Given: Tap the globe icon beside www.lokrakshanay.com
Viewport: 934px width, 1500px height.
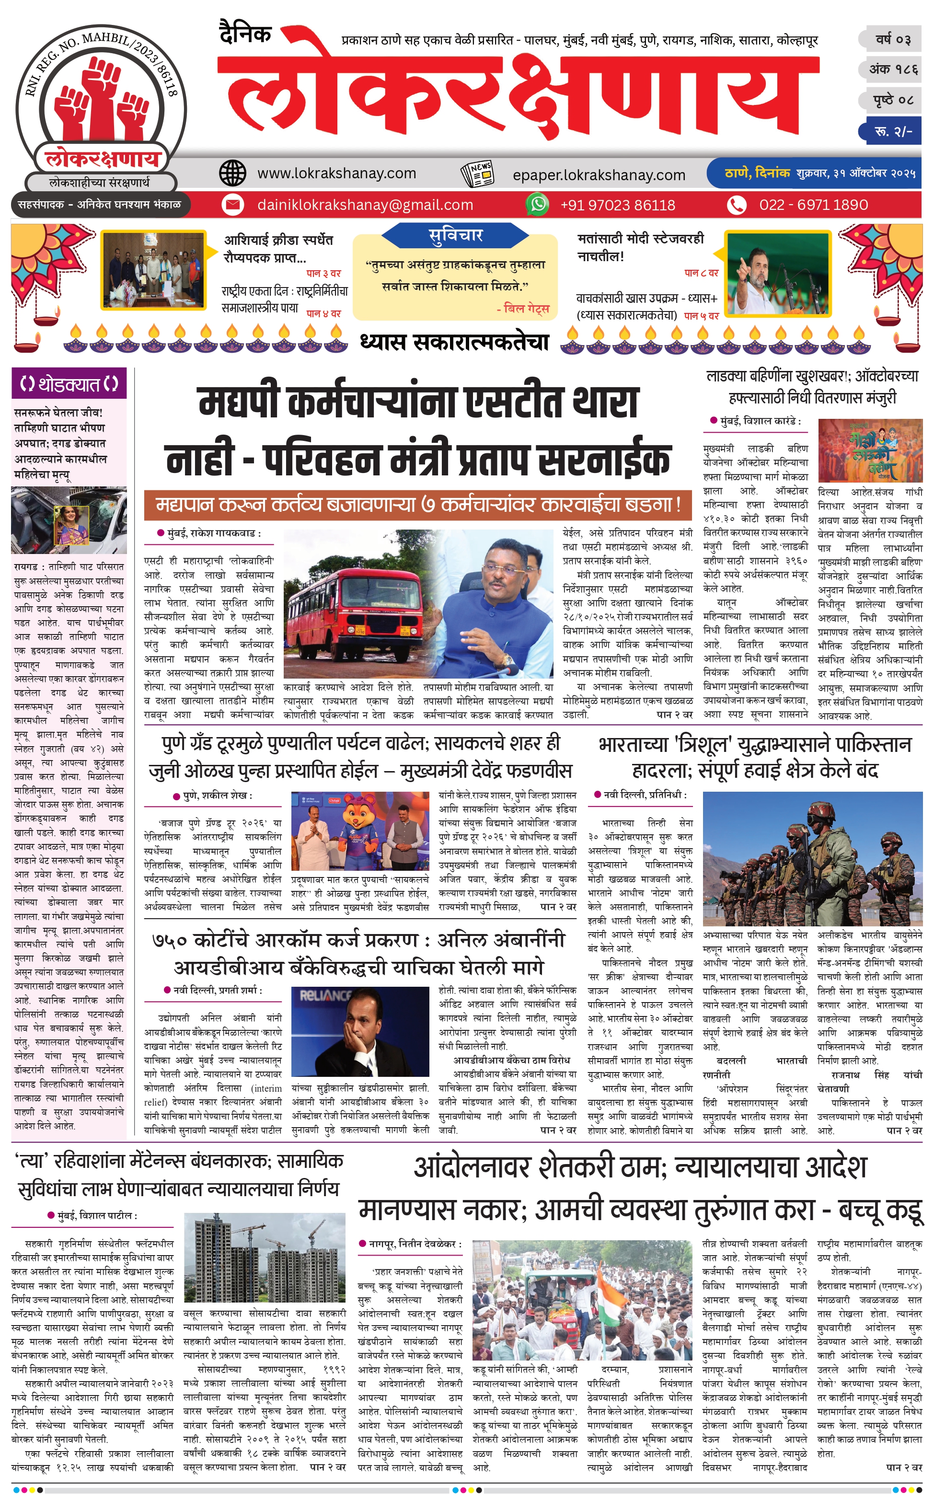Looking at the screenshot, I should click(233, 173).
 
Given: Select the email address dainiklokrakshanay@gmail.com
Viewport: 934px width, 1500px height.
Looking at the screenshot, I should click(365, 205).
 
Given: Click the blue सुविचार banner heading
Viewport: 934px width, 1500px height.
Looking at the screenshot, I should click(455, 235).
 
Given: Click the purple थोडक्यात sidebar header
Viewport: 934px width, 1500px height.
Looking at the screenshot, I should click(69, 384).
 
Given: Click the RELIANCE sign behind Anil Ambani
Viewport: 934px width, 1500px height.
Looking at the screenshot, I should click(325, 995).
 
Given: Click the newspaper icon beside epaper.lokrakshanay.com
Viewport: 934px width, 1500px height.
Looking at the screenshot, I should click(477, 174).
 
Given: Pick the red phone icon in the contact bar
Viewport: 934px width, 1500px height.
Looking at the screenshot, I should click(736, 205).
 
